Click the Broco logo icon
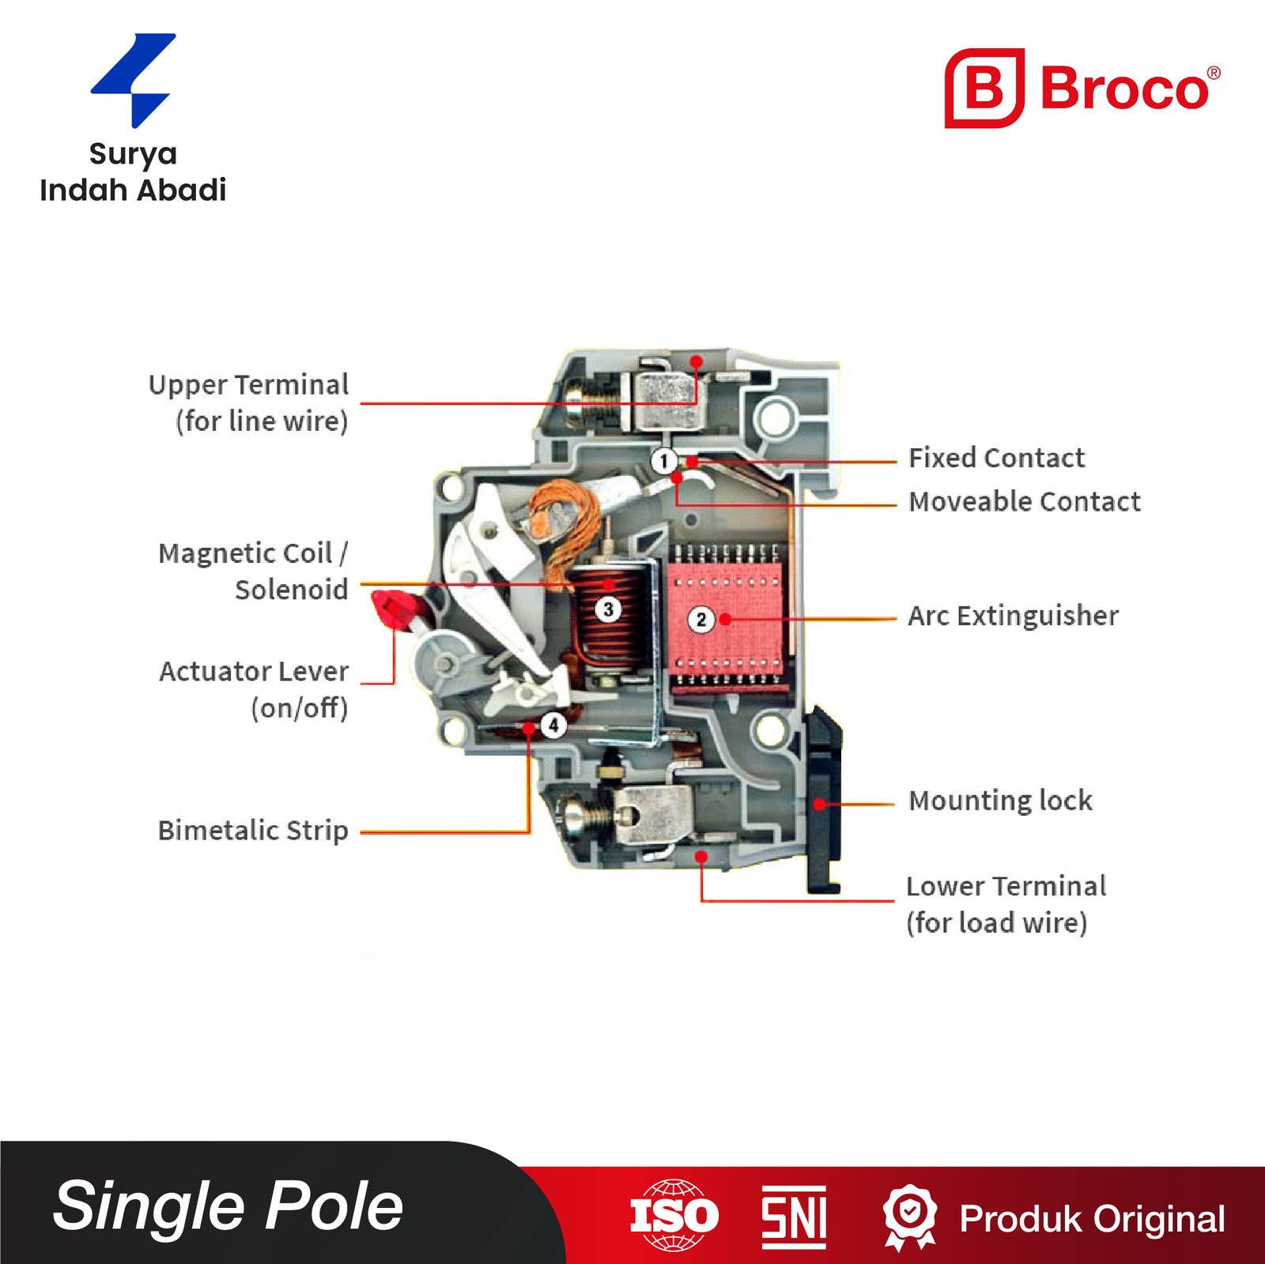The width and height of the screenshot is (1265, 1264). pyautogui.click(x=984, y=88)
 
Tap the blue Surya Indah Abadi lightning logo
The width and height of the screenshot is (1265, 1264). pyautogui.click(x=134, y=80)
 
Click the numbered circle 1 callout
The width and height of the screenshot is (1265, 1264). pyautogui.click(x=664, y=460)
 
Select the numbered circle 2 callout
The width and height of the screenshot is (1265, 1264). pyautogui.click(x=700, y=619)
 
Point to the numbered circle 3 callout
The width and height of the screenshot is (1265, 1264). pyautogui.click(x=608, y=609)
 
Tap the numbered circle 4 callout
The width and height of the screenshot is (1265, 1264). pyautogui.click(x=553, y=724)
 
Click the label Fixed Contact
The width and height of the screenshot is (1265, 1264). pyautogui.click(x=996, y=458)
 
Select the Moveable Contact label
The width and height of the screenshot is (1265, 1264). pyautogui.click(x=1024, y=501)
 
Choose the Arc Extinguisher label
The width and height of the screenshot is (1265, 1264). pyautogui.click(x=1013, y=615)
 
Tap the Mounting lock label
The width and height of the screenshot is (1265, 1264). pyautogui.click(x=1000, y=800)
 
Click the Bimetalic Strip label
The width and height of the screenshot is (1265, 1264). pyautogui.click(x=253, y=830)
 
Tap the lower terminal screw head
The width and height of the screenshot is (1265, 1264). pyautogui.click(x=576, y=815)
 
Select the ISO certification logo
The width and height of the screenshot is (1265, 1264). pyautogui.click(x=674, y=1215)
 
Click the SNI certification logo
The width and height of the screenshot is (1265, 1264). pyautogui.click(x=794, y=1217)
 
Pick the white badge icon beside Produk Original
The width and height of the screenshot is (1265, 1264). pyautogui.click(x=910, y=1215)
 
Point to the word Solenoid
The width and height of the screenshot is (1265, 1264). pyautogui.click(x=291, y=589)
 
